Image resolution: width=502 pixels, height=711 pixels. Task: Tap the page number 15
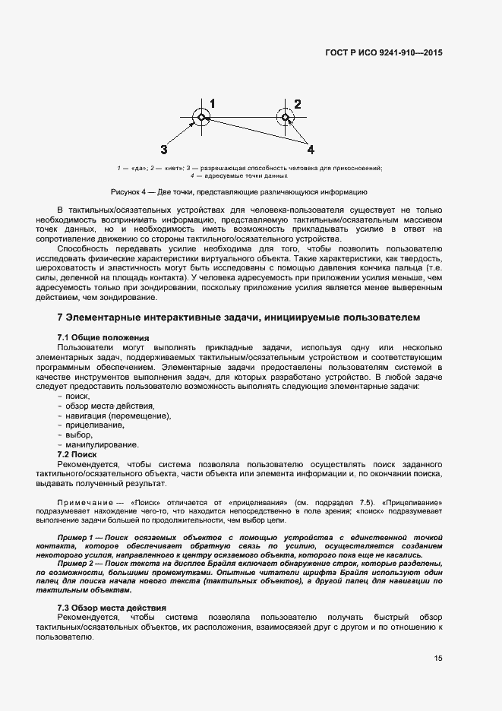coord(438,658)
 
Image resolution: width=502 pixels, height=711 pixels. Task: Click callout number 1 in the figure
coord(213,103)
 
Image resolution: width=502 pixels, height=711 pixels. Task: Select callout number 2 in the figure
coord(298,104)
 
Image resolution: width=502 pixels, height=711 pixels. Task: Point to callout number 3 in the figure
coord(164,149)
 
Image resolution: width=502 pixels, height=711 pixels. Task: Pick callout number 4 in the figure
coord(311,149)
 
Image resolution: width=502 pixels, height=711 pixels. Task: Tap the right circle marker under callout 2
coord(286,117)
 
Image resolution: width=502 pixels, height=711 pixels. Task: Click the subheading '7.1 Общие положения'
coord(103,337)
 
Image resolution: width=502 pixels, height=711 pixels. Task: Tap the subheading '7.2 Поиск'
coord(77,453)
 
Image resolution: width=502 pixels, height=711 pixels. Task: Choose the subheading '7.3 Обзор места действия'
coord(112,608)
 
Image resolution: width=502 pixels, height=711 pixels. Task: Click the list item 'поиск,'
coord(77,396)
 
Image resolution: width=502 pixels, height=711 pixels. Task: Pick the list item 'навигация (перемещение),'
coord(118,416)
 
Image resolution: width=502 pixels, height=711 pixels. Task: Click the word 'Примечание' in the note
coord(85,502)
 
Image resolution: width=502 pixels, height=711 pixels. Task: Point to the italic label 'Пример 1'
coord(77,538)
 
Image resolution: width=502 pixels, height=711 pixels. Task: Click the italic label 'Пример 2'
coord(77,563)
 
